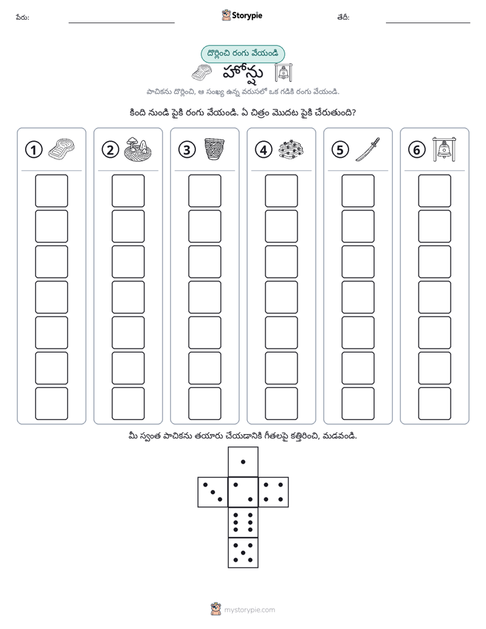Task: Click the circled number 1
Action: pos(33,150)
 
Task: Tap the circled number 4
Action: pos(263,150)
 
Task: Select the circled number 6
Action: pos(417,150)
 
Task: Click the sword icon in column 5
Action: pos(368,150)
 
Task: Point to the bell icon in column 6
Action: pos(444,149)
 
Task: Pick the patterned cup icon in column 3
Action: pos(214,149)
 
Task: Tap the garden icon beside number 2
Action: pos(137,149)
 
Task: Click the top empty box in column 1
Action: pos(51,191)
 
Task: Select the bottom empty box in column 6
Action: pos(434,404)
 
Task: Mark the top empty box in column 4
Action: pos(281,191)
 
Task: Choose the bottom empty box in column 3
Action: pos(204,404)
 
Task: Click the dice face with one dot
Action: pos(243,462)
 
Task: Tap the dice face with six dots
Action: pos(243,522)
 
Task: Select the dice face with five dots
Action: pos(243,553)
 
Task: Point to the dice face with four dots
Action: pos(274,492)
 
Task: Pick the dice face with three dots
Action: pos(213,492)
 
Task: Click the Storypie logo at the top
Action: pos(242,16)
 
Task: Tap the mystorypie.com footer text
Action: pos(249,610)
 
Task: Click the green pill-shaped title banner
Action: pos(242,54)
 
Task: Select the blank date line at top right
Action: pos(428,23)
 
